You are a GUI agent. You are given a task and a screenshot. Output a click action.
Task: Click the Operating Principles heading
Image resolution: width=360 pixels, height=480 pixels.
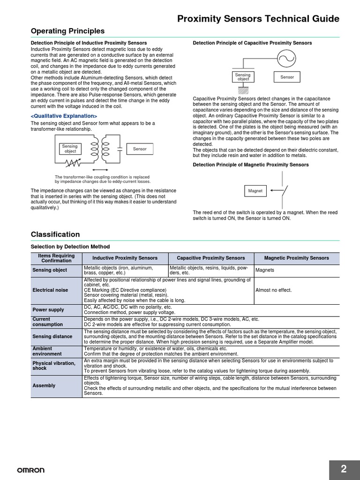tap(67, 31)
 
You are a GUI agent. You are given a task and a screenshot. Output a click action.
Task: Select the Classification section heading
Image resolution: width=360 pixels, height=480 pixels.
tap(55, 234)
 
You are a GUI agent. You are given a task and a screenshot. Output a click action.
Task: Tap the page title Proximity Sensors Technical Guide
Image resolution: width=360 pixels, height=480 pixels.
tap(258, 19)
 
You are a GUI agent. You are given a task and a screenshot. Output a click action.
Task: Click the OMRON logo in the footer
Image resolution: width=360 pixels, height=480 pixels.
tap(31, 470)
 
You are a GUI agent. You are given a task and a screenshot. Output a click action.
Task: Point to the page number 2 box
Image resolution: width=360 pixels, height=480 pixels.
tap(344, 469)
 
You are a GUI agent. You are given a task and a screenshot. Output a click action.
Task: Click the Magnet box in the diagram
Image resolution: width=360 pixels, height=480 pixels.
tap(255, 191)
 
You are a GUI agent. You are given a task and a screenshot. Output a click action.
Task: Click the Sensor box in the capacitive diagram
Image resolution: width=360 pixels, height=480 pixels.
tap(287, 77)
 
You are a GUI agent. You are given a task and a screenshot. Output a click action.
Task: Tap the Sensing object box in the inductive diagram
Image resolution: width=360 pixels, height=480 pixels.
tap(70, 149)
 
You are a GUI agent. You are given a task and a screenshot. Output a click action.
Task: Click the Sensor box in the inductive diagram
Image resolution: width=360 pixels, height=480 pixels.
tap(140, 149)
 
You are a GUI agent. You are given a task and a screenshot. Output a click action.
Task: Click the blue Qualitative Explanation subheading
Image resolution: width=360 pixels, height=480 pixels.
tap(64, 116)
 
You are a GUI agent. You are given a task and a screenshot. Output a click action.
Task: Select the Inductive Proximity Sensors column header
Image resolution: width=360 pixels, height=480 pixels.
tap(125, 258)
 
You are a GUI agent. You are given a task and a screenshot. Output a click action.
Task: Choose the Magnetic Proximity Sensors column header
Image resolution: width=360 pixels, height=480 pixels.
tap(296, 258)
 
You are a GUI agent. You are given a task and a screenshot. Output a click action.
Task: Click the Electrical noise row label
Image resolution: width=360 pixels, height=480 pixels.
tap(50, 290)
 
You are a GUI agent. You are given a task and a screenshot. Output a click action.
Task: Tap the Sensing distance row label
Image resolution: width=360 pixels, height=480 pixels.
tap(52, 337)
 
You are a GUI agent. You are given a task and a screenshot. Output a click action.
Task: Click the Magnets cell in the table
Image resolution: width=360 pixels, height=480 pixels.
tap(265, 270)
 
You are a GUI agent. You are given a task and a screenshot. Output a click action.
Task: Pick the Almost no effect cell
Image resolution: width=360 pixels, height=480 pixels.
tap(273, 290)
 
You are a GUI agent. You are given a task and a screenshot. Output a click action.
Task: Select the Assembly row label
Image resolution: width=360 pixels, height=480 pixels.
tap(44, 385)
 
